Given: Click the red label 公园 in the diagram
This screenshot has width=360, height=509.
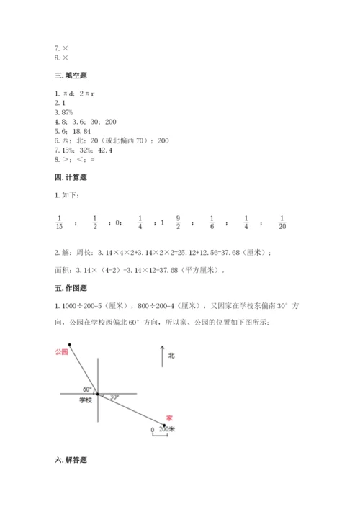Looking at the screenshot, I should (x=60, y=352).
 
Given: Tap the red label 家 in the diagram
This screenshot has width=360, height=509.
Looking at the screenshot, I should (x=169, y=418).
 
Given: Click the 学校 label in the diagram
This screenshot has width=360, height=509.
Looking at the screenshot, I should (x=86, y=400).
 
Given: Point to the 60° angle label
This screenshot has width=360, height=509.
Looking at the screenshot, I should (x=86, y=389).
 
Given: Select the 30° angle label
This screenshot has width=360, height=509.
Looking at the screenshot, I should (x=113, y=396).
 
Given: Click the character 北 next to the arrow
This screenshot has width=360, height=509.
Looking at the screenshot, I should (x=171, y=356).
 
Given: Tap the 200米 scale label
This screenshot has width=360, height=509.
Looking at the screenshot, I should (x=166, y=429).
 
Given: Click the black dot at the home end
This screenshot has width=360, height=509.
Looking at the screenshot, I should (x=163, y=425).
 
